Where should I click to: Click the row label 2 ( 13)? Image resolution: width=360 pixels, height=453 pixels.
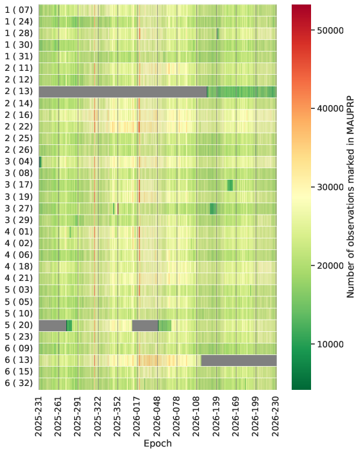[x=19, y=92]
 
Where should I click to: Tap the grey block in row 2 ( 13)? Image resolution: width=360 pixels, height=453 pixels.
[x=123, y=92]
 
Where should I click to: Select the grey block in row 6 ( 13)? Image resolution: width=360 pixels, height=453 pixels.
[x=239, y=360]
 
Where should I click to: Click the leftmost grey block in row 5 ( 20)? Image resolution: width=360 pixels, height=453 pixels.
[x=53, y=325]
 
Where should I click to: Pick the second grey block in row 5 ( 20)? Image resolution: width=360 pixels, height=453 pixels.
[x=145, y=325]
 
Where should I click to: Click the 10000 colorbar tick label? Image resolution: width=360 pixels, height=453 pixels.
[x=330, y=344]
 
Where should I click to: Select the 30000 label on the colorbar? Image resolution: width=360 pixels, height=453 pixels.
[x=330, y=188]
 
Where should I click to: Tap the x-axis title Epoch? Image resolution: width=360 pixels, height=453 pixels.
[x=158, y=443]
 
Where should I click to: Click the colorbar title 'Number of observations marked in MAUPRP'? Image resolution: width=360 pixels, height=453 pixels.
[x=350, y=197]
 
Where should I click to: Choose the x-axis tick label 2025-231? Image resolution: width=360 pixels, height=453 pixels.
[x=39, y=417]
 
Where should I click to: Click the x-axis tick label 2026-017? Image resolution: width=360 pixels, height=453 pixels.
[x=137, y=417]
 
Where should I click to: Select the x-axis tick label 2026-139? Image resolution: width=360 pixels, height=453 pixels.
[x=216, y=417]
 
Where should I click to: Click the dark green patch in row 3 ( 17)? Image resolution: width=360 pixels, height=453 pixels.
[x=230, y=185]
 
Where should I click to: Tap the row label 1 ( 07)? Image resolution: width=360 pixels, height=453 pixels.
[x=19, y=10]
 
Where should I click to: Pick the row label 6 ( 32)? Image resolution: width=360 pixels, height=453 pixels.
[x=19, y=383]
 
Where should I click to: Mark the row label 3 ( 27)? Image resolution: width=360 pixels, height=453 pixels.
[x=19, y=209]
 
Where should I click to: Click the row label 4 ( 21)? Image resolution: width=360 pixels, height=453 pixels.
[x=19, y=278]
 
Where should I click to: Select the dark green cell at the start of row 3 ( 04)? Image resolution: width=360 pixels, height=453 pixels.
[x=40, y=162]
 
